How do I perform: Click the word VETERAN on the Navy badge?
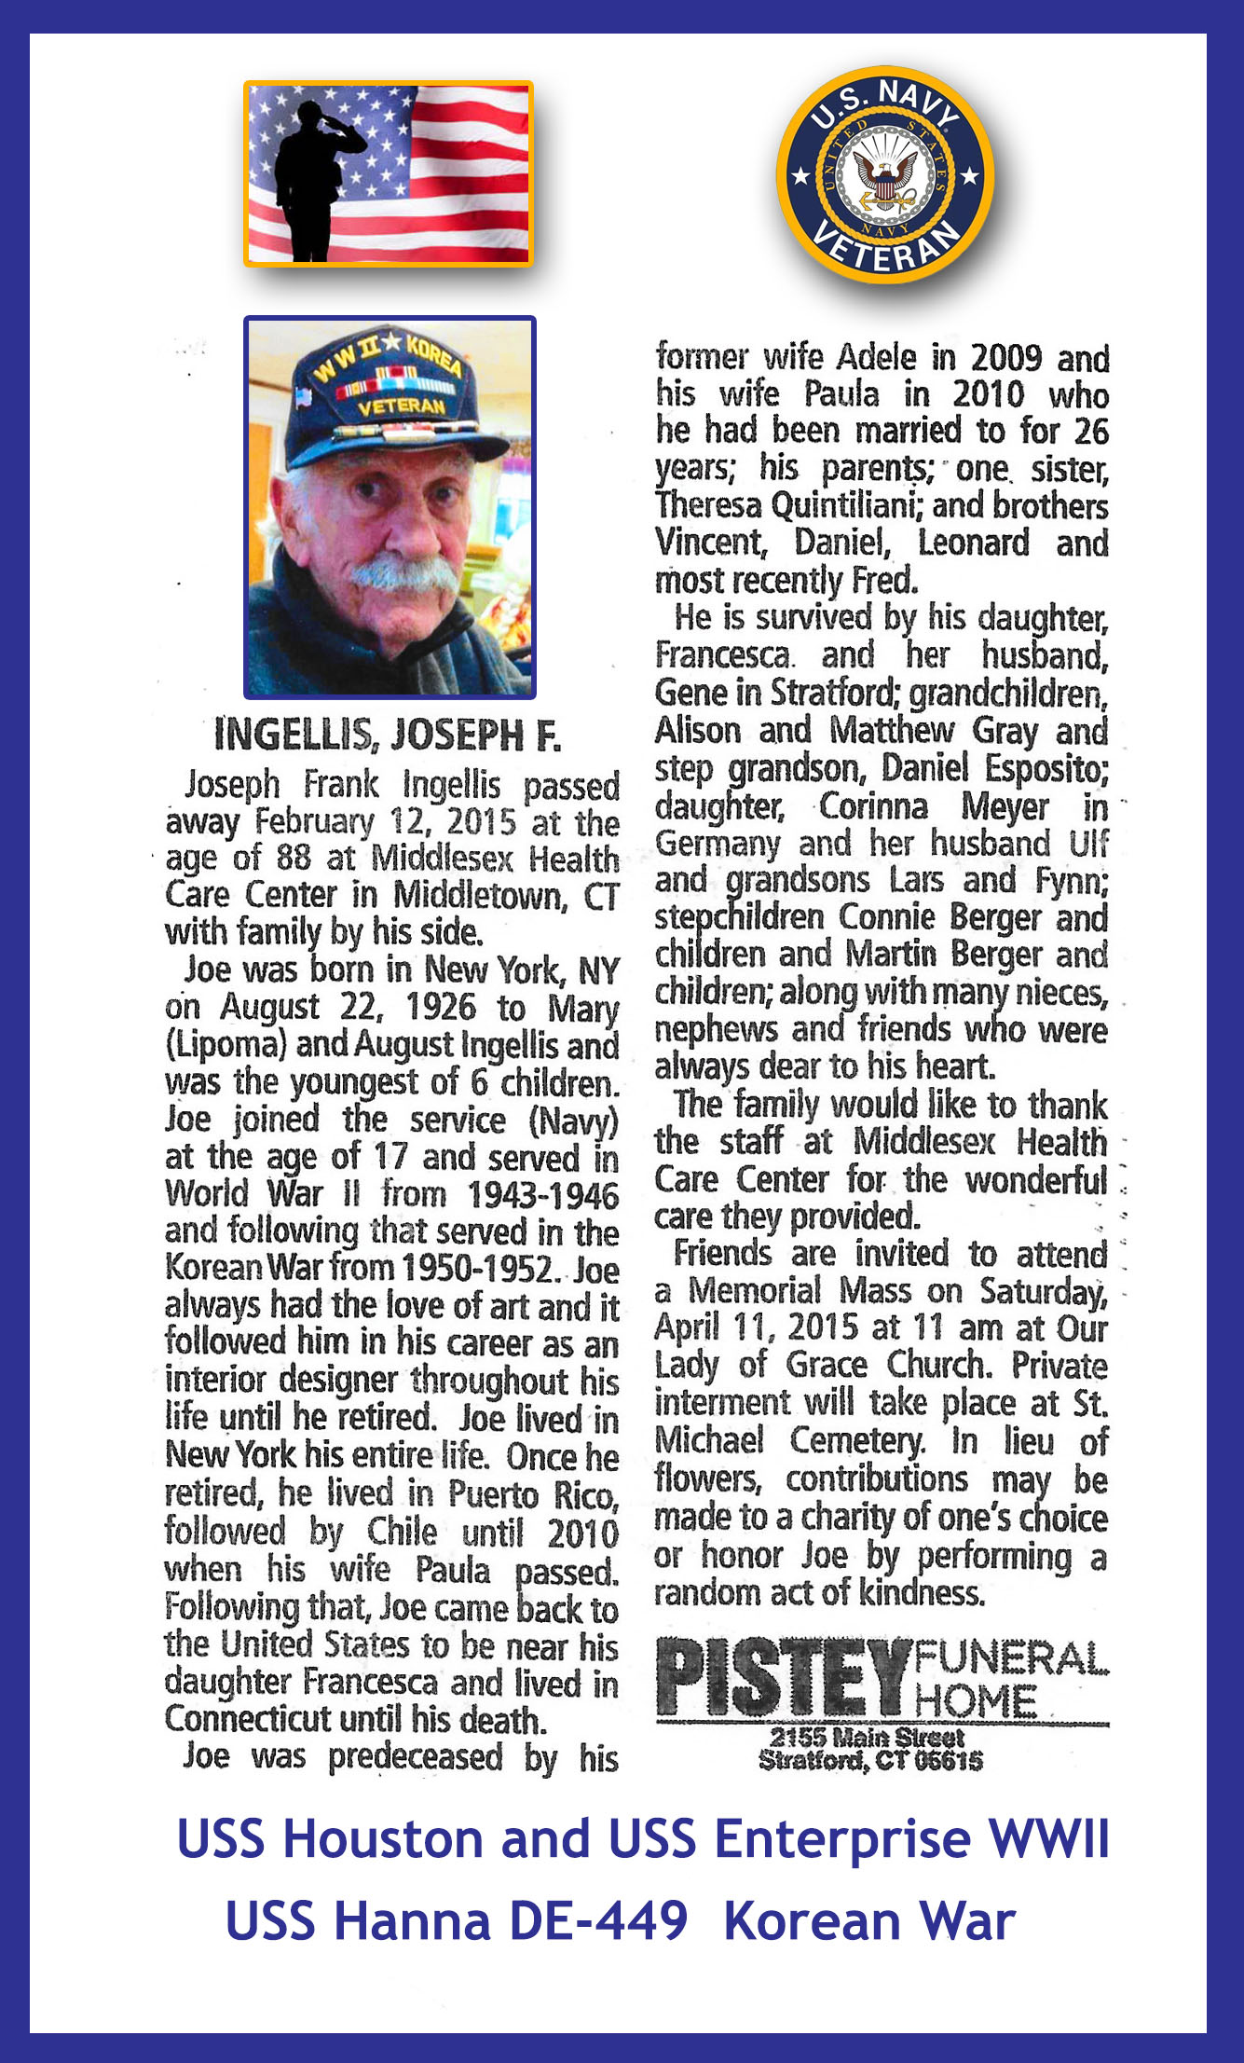pyautogui.click(x=885, y=247)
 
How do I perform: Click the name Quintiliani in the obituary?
pyautogui.click(x=848, y=505)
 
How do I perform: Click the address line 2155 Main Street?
pyautogui.click(x=867, y=1738)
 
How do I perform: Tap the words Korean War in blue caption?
pyautogui.click(x=868, y=1922)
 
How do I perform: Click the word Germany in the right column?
pyautogui.click(x=717, y=844)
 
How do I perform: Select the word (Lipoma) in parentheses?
pyautogui.click(x=225, y=1045)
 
